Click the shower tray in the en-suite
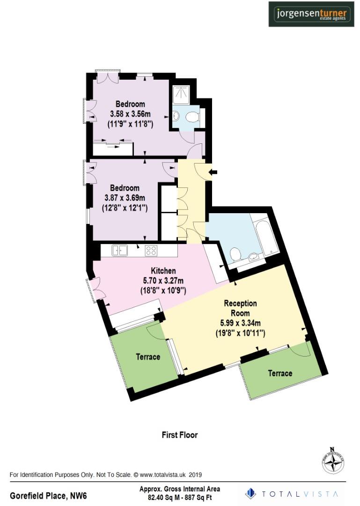[181, 95]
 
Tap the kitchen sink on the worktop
[120, 251]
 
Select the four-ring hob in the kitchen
[151, 251]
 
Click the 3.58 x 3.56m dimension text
[131, 114]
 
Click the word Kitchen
[163, 271]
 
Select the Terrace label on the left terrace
[148, 357]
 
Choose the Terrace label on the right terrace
[280, 373]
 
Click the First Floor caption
[180, 435]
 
